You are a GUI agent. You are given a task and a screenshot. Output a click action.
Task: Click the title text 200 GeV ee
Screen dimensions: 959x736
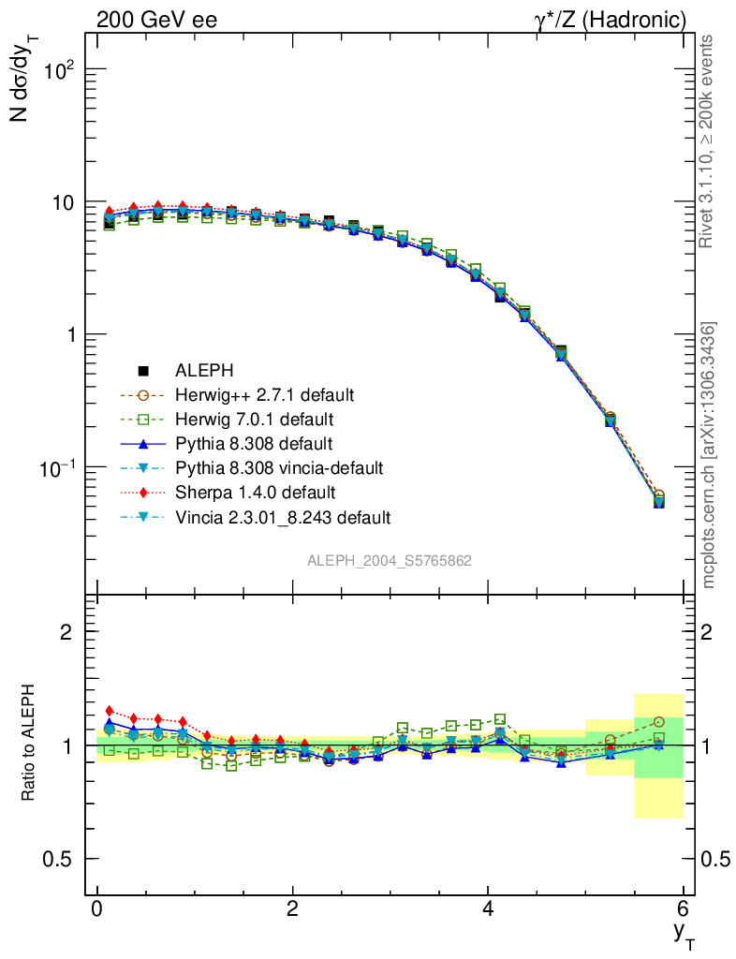(x=156, y=20)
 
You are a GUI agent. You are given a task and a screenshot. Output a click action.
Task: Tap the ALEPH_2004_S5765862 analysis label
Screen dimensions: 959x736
(x=390, y=561)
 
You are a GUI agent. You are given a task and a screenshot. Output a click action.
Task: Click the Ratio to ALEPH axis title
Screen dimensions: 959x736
(x=31, y=745)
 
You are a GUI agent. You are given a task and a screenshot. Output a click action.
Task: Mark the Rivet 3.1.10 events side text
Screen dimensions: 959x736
(x=708, y=140)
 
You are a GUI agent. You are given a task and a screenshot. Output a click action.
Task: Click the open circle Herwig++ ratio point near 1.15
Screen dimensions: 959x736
(x=659, y=721)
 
